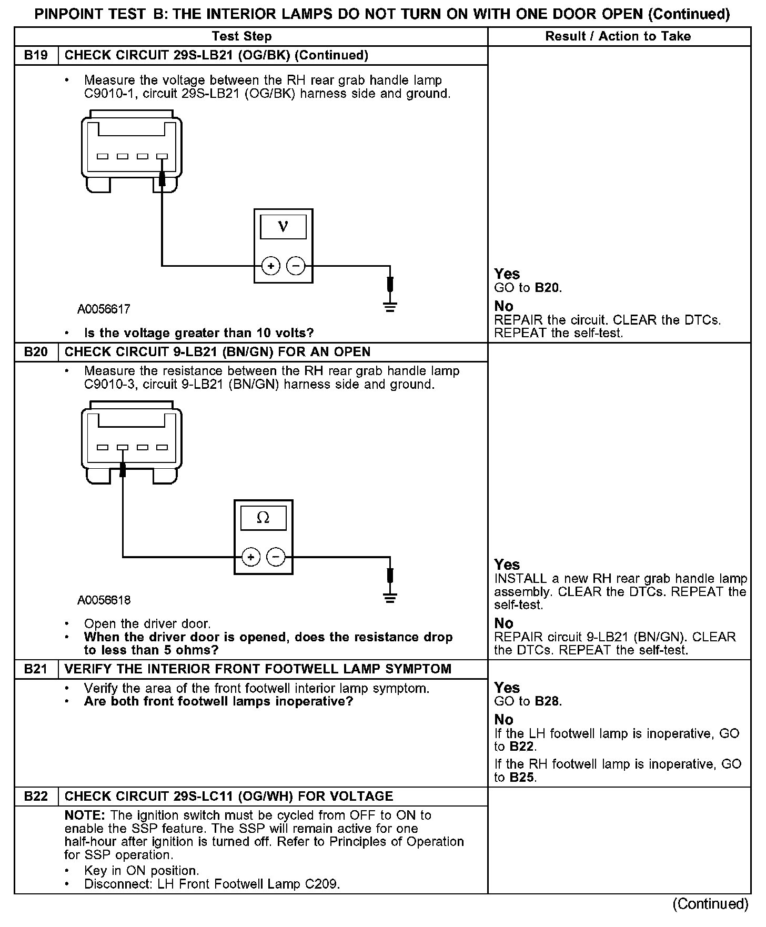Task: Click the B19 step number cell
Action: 36,55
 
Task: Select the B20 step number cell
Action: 36,351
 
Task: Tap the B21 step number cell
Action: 36,669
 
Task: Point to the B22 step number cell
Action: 36,796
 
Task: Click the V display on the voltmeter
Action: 283,227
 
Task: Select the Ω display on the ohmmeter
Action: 263,518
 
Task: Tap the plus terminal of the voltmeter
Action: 271,266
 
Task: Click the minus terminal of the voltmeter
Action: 296,266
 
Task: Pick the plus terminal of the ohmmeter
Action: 251,557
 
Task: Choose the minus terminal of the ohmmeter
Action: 276,557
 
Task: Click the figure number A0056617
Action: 104,309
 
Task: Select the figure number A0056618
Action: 104,600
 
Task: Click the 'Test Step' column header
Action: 241,36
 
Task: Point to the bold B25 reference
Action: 522,777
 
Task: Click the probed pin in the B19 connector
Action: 162,156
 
